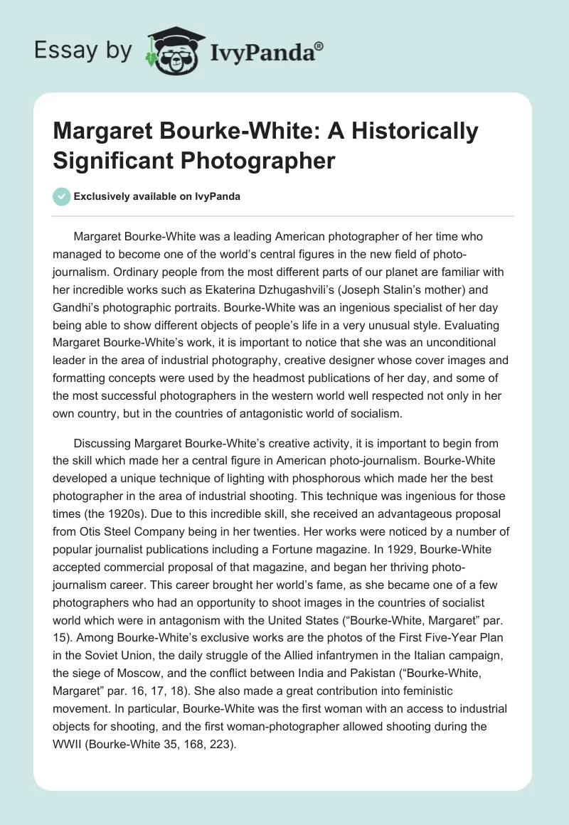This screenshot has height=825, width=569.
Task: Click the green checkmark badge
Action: pos(63,196)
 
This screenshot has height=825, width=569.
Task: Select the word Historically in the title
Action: pos(413,132)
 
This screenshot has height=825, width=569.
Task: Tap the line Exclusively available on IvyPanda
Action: pos(156,196)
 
